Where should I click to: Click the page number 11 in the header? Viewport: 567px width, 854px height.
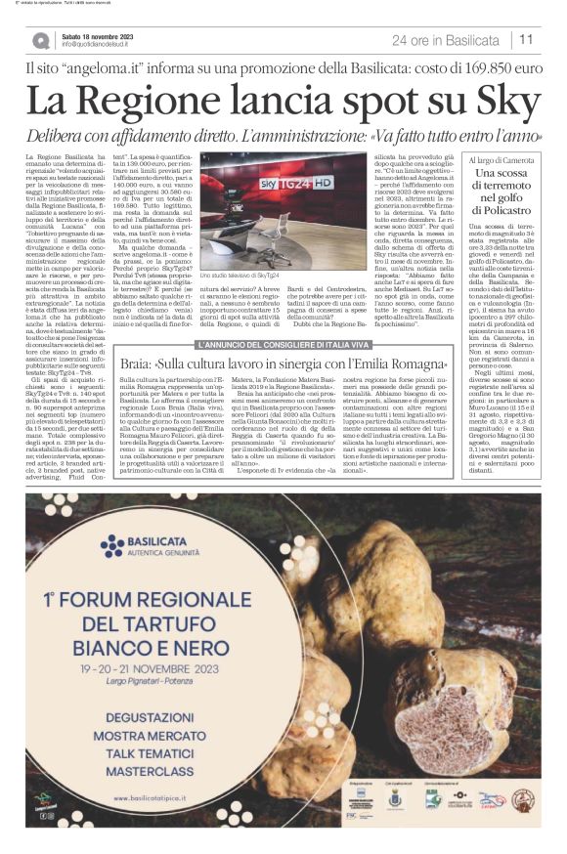click(526, 40)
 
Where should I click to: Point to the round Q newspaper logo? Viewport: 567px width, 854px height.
click(40, 40)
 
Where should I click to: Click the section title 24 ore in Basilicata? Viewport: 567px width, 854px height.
click(445, 40)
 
